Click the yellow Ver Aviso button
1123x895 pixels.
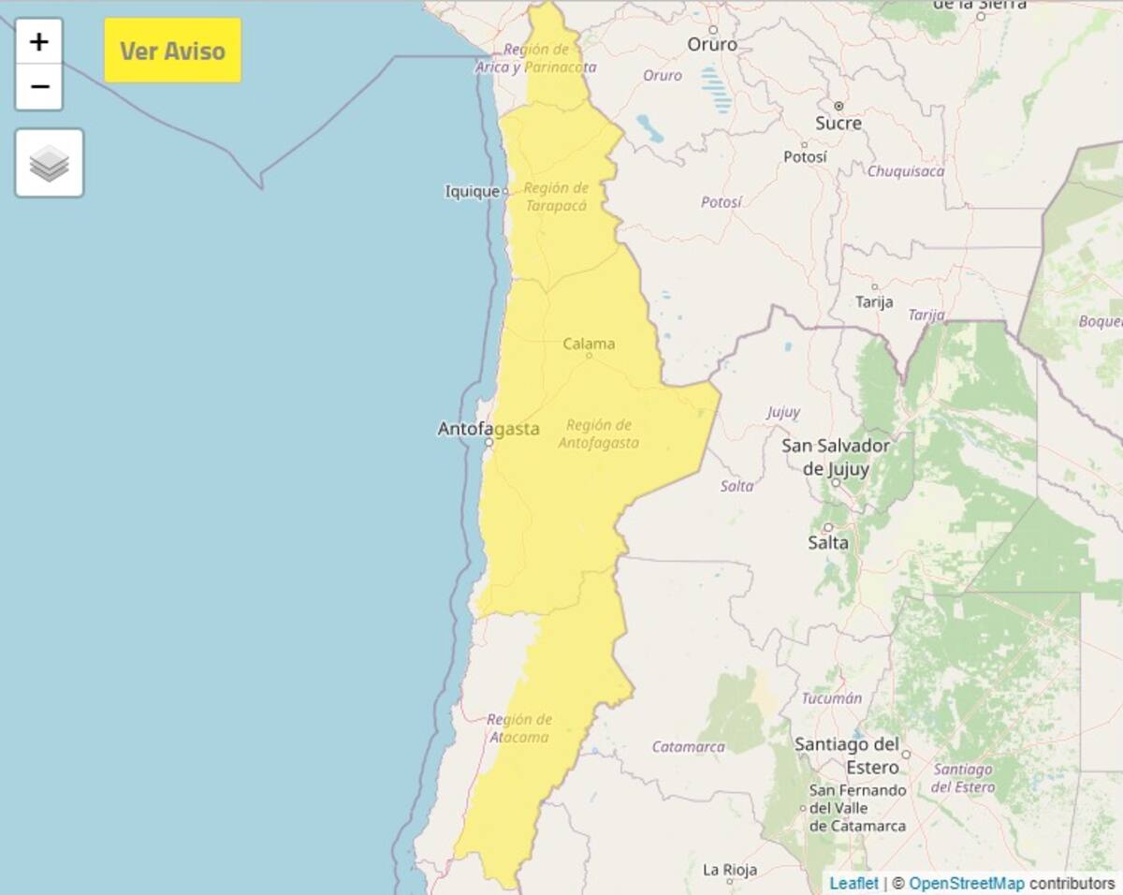tap(172, 51)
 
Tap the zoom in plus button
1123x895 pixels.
tap(39, 42)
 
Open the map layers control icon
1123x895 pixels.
tap(50, 163)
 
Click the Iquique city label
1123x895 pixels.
tap(472, 192)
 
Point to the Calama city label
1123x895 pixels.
tap(589, 344)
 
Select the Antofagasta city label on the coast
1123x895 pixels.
tap(489, 429)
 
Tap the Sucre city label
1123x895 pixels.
tap(838, 123)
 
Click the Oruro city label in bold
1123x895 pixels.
tap(712, 44)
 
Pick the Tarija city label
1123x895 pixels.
tap(874, 301)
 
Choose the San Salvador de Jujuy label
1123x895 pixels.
tap(836, 457)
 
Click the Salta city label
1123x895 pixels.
tap(828, 542)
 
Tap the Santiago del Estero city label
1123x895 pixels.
tap(846, 756)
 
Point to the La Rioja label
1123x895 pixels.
tap(729, 870)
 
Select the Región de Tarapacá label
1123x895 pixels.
tap(556, 197)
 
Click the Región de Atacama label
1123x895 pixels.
tap(518, 728)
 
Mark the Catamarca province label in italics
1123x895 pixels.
tap(688, 747)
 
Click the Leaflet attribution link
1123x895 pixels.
tap(853, 883)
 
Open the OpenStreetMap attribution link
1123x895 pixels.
tap(966, 883)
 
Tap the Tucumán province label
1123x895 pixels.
tap(831, 698)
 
